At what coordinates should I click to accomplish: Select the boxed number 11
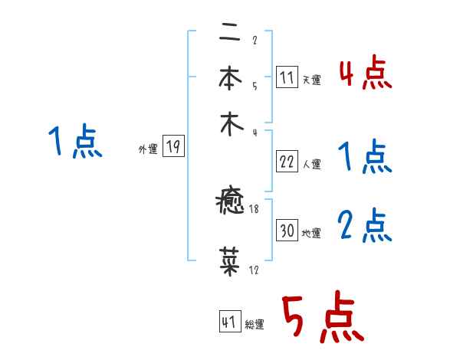(x=286, y=77)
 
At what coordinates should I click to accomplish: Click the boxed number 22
(x=287, y=162)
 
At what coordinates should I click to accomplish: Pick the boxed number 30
(x=287, y=231)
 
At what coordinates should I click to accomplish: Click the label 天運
(x=311, y=80)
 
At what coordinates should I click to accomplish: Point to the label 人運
(x=311, y=164)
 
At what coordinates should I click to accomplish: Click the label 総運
(x=255, y=325)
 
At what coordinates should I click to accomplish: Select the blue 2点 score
(x=365, y=226)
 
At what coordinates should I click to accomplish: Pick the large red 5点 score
(x=322, y=319)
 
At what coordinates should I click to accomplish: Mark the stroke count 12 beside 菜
(x=253, y=270)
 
